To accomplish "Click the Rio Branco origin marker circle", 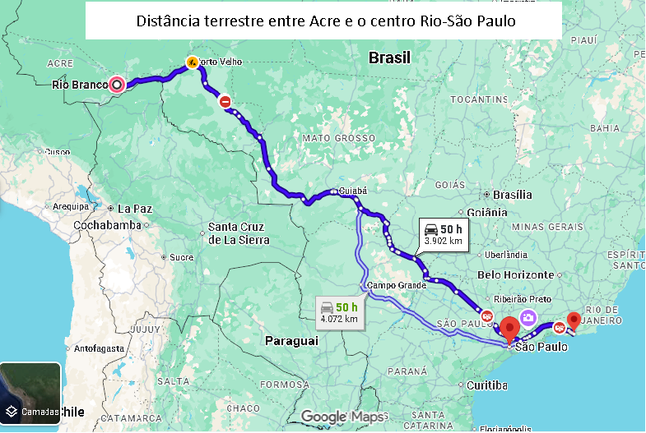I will [117, 84].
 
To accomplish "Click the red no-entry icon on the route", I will [225, 101].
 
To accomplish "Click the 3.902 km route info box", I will [443, 234].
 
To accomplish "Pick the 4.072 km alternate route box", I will [340, 311].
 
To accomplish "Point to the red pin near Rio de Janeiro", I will [574, 320].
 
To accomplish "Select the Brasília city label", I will [512, 195].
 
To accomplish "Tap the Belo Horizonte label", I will [516, 274].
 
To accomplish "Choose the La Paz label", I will [135, 209].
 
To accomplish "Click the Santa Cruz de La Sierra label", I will [239, 233].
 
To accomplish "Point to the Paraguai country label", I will [291, 340].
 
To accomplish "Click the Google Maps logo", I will [342, 417].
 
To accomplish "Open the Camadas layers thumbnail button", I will [30, 393].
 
